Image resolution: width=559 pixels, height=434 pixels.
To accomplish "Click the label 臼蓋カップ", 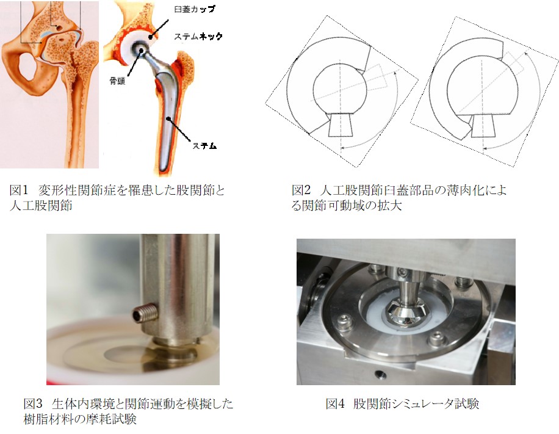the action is point(195,9).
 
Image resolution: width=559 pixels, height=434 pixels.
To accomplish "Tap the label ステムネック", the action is point(198,37).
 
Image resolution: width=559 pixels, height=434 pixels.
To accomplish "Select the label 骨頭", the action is point(117,81).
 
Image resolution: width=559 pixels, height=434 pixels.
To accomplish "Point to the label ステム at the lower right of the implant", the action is point(204,145).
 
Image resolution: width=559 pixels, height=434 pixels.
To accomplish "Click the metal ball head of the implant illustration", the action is point(139,47).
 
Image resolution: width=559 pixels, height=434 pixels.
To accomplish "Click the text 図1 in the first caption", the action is point(18,190).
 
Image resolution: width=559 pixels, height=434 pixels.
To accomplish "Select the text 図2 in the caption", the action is point(301,190).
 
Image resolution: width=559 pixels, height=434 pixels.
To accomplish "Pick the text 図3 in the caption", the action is point(33,403).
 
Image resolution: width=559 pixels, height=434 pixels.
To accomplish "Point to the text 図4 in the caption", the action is point(335,403).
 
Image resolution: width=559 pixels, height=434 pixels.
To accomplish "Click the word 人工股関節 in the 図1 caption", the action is point(41,206).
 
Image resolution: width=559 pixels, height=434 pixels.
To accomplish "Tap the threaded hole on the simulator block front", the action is point(379,374).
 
